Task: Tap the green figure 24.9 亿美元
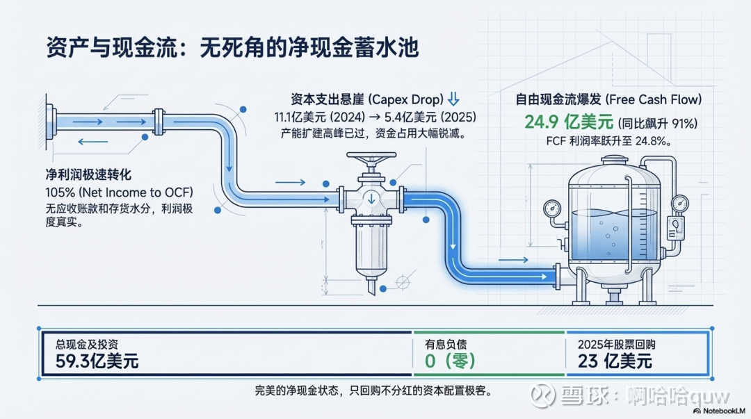pyautogui.click(x=569, y=122)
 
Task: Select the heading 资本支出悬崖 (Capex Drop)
pyautogui.click(x=366, y=99)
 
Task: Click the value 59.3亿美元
pyautogui.click(x=97, y=361)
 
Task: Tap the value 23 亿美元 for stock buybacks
pyautogui.click(x=615, y=361)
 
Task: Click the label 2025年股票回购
pyautogui.click(x=617, y=344)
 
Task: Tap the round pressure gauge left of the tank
pyautogui.click(x=553, y=207)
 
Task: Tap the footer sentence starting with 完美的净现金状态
pyautogui.click(x=373, y=391)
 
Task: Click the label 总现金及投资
pyautogui.click(x=87, y=344)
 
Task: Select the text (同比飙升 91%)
pyautogui.click(x=657, y=123)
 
